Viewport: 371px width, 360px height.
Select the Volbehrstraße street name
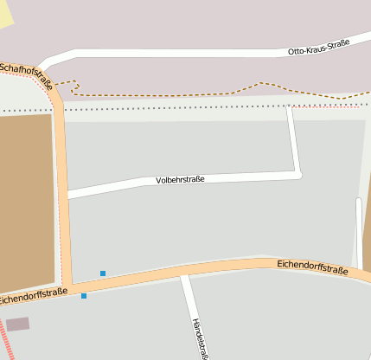pos(180,180)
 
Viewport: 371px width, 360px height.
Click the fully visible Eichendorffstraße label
pos(313,267)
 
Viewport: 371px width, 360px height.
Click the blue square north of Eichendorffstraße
pos(103,273)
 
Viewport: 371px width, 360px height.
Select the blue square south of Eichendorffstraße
pos(84,296)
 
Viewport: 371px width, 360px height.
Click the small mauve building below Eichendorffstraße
pos(17,324)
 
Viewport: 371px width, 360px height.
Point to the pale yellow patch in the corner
pos(5,12)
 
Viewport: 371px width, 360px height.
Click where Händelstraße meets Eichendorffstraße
pos(183,276)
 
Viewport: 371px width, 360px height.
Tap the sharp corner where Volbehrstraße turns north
pos(298,175)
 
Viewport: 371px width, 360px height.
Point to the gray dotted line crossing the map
pos(173,109)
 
